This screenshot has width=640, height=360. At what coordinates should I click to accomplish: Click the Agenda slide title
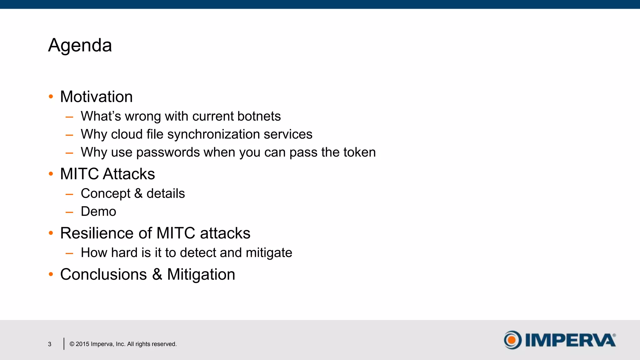[80, 45]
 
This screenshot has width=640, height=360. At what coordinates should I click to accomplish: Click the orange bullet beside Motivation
[51, 97]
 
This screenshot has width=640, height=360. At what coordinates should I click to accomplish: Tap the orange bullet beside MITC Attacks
[51, 174]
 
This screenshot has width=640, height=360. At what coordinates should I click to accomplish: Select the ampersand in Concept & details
[138, 193]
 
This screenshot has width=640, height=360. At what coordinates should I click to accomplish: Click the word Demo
[98, 212]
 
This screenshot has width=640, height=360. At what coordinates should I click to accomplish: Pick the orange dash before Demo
[69, 212]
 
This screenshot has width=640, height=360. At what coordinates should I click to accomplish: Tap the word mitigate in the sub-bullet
[269, 253]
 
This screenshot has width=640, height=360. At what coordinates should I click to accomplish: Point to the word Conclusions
[103, 274]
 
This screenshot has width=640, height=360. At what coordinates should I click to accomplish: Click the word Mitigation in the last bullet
[201, 274]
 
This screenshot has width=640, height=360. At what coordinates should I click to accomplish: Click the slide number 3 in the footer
[50, 344]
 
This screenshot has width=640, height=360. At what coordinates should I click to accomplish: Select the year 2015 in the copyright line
[82, 344]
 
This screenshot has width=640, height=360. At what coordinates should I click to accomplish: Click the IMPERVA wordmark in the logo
[570, 340]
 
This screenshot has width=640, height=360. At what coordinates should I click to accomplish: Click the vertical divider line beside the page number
[64, 344]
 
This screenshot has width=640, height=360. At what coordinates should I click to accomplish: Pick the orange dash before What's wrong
[69, 117]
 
